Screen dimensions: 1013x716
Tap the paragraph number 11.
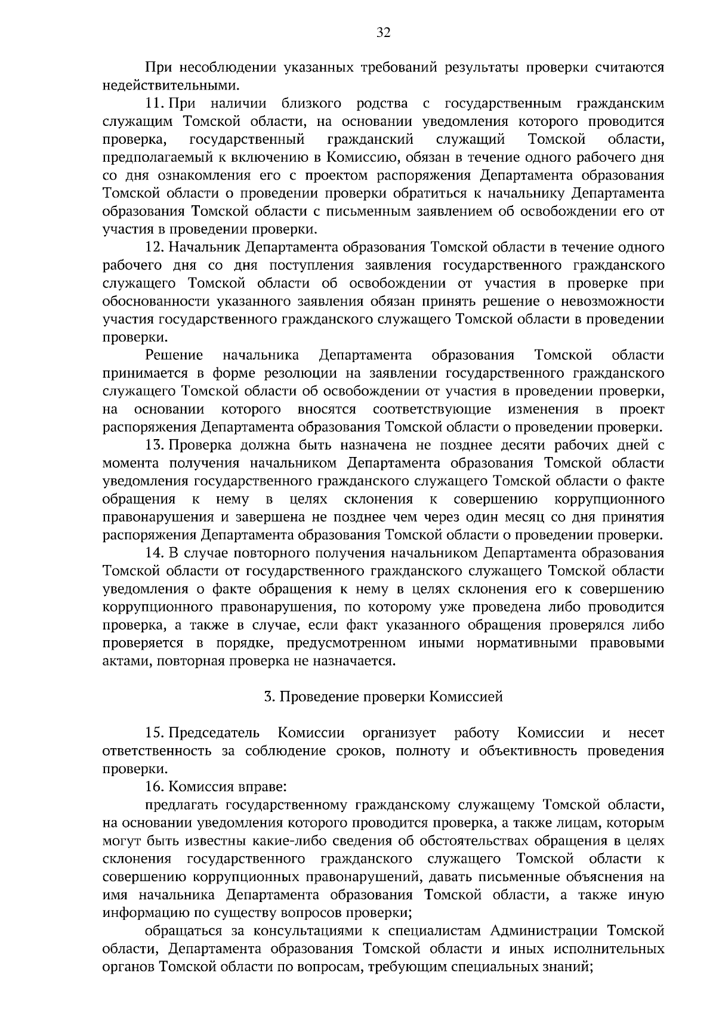click(155, 104)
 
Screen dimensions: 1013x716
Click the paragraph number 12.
click(155, 248)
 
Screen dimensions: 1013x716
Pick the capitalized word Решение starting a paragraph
click(174, 356)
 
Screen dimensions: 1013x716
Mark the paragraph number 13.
click(155, 446)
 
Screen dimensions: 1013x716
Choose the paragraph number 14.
click(155, 553)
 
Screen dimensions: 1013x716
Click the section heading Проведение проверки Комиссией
click(384, 697)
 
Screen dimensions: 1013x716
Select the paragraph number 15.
click(155, 733)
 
